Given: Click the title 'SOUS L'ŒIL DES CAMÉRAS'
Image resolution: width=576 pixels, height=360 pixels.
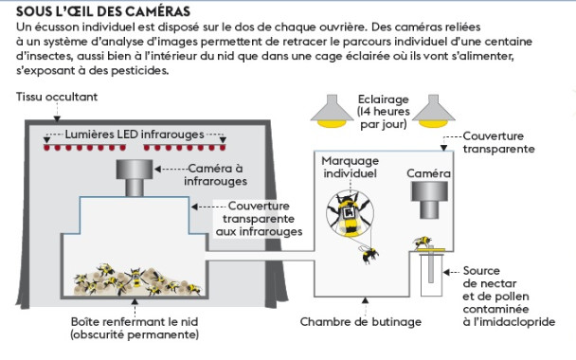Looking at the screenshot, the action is coord(103,11).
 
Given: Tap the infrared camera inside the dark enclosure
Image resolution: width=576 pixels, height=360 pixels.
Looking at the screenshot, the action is coord(135,178).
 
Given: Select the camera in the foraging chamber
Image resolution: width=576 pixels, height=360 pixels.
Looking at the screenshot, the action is coord(429,200).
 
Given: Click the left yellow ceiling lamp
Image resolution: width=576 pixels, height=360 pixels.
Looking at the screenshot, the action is coord(332,111).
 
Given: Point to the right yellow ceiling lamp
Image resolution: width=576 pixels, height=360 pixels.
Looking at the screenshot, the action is coord(434,111).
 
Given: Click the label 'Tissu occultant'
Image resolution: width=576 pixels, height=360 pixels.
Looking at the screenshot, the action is coord(57,97).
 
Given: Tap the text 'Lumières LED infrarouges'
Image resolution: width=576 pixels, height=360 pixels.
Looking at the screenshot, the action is coord(135,135).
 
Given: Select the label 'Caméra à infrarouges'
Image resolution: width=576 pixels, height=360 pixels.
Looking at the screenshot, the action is coord(216,175).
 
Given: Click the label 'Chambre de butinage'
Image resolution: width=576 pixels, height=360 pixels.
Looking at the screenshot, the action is coord(361,322).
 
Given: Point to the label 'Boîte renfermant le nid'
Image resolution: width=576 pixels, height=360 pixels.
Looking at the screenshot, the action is coord(135,322).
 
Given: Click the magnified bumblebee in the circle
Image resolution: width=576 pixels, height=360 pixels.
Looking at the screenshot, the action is coord(350,214).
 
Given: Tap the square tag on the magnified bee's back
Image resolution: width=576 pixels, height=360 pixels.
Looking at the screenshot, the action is coord(349,213).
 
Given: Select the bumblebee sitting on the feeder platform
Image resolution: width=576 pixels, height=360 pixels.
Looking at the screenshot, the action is coord(423,243).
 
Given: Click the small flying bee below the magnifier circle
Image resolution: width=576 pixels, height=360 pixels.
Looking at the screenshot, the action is coord(369,254).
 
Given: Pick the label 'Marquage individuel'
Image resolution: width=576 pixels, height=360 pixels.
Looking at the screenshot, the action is coord(351,167).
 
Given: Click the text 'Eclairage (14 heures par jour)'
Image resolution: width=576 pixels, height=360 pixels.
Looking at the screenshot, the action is coord(383,112).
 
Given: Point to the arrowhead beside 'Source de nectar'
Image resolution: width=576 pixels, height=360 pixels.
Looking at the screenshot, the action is coord(447,272).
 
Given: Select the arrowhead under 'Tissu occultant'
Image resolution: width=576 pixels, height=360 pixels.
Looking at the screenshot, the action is coord(57,118).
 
